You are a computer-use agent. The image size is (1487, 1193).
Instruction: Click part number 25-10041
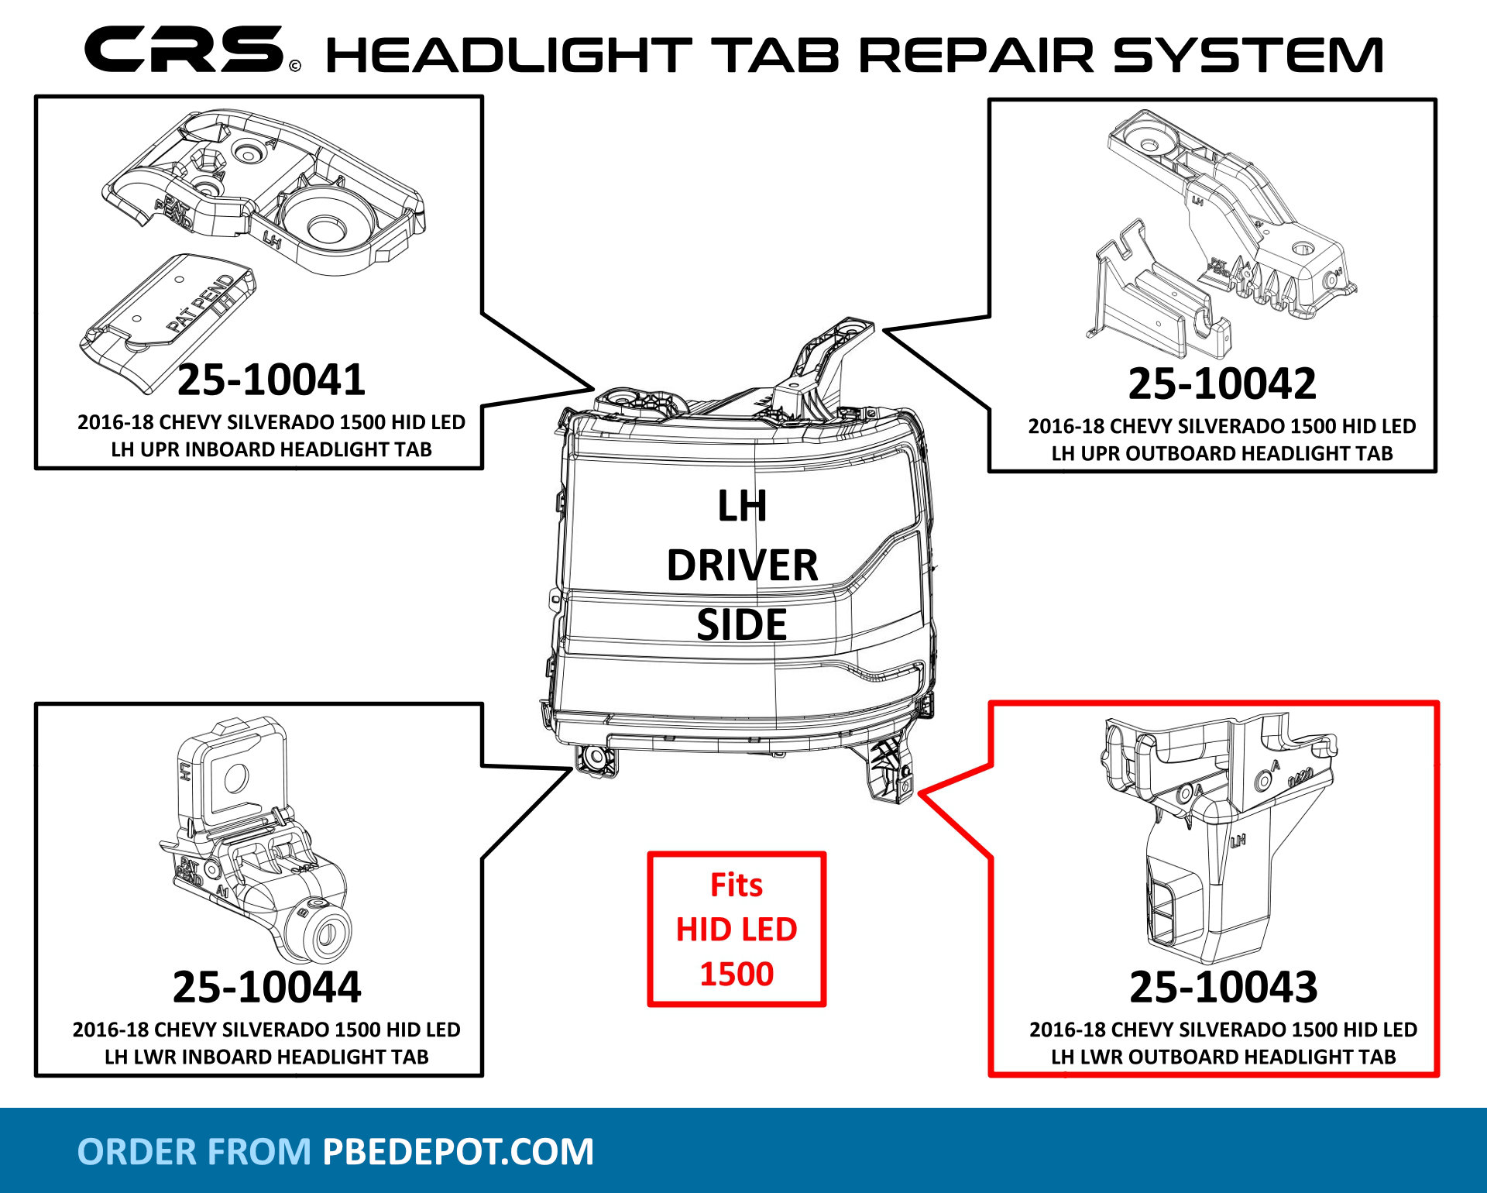click(271, 380)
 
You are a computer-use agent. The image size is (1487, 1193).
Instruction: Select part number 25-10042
click(1221, 383)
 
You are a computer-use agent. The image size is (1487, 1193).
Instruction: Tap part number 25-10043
click(1223, 987)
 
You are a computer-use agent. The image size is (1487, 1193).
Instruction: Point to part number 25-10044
click(266, 987)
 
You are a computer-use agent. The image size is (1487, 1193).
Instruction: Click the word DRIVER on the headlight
click(742, 566)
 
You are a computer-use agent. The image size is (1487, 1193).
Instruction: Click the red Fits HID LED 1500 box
click(737, 929)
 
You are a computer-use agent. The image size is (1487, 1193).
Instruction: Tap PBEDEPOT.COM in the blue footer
click(458, 1152)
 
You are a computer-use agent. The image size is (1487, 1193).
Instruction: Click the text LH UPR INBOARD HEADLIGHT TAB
click(271, 449)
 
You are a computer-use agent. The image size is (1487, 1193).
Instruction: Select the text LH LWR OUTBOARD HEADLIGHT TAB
click(1223, 1057)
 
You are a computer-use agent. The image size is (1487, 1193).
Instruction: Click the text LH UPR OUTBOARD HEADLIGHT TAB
click(1221, 453)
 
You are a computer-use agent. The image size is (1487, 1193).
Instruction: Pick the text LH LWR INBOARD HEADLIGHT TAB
click(266, 1057)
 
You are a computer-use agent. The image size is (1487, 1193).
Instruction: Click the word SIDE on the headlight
click(741, 624)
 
